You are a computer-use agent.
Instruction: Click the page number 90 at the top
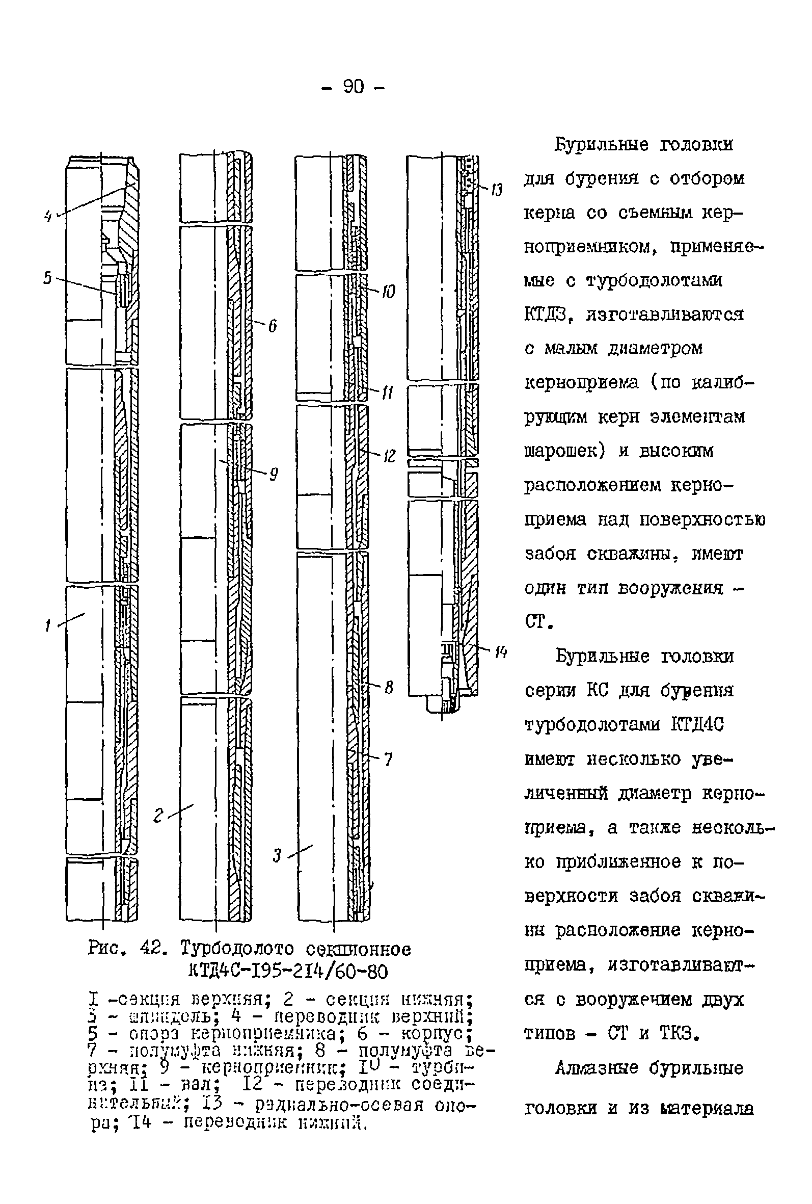point(353,87)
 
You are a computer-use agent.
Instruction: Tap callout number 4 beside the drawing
point(48,216)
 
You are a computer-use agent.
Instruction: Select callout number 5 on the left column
point(48,278)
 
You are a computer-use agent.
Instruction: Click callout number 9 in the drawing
point(274,474)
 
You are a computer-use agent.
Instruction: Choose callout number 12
point(389,456)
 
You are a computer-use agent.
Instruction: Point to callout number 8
point(388,688)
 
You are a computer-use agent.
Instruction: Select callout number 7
point(388,760)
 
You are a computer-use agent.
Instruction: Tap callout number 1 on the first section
point(48,626)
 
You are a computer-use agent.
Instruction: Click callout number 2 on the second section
point(158,816)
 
